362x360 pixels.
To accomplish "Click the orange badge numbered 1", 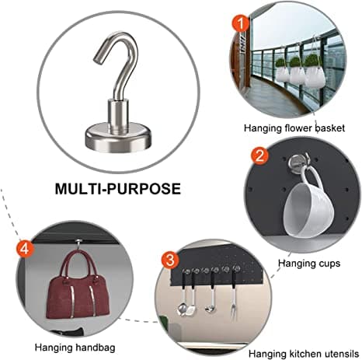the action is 241,24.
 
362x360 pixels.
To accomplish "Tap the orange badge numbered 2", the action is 260,156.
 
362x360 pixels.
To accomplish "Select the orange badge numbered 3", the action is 170,260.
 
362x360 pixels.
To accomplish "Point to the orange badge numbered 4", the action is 25,249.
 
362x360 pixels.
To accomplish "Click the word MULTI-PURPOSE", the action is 118,189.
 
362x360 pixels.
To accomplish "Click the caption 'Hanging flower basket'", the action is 294,128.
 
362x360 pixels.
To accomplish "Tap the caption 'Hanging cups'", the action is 309,264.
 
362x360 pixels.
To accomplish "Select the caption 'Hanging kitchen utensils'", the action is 304,354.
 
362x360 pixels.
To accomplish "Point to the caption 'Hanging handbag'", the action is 75,348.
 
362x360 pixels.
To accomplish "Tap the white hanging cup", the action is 308,208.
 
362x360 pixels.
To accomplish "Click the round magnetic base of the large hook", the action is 118,138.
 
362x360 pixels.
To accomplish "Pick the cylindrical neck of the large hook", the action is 118,116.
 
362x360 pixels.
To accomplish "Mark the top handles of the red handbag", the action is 78,264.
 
